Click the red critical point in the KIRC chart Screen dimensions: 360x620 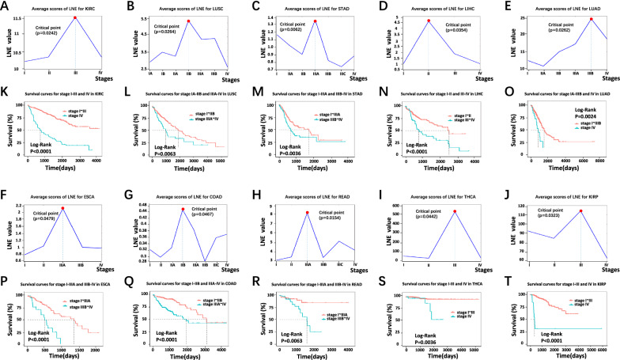74,17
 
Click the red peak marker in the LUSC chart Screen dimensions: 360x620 188,21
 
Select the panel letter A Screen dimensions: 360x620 6,6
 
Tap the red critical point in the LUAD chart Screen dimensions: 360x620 591,19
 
